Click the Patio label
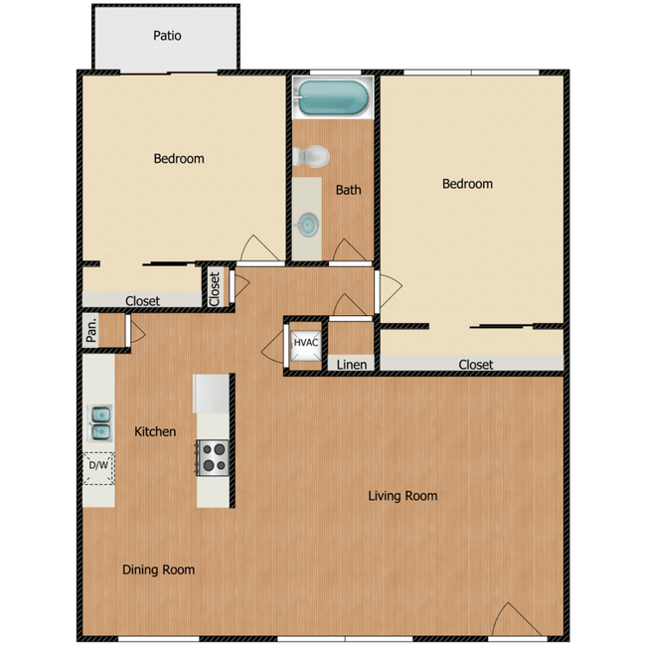click(167, 36)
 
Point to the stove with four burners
click(214, 457)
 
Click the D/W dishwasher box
click(98, 466)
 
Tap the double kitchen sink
click(100, 422)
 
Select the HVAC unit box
click(305, 344)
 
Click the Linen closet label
click(351, 365)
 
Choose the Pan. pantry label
click(91, 330)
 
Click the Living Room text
click(403, 496)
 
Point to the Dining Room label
click(158, 569)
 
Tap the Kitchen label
click(155, 431)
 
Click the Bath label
click(348, 190)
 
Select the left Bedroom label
click(179, 158)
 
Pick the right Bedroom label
click(467, 184)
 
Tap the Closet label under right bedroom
click(476, 365)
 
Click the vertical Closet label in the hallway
click(215, 288)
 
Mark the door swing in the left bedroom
click(257, 249)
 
